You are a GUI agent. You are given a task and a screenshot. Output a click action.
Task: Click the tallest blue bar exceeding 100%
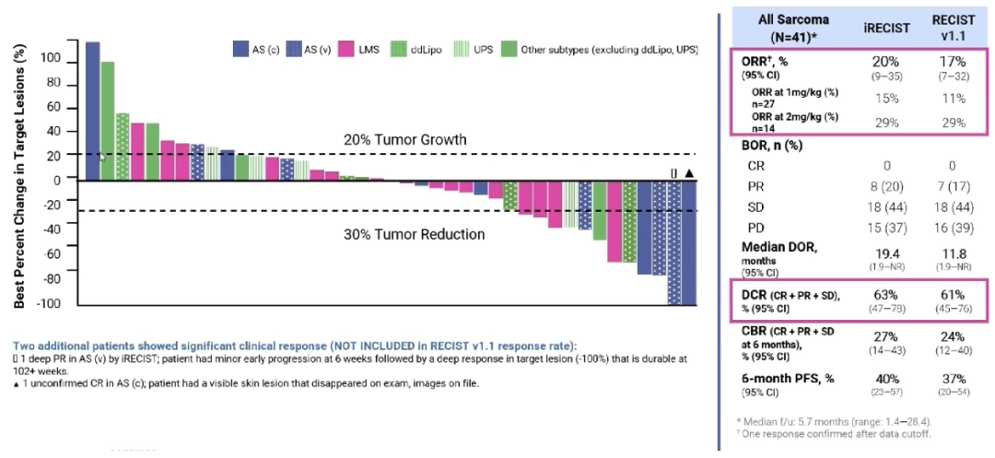[92, 111]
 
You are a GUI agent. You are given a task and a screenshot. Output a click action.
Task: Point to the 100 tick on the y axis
[53, 60]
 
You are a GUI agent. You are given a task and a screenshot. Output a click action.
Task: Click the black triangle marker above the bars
[689, 172]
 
